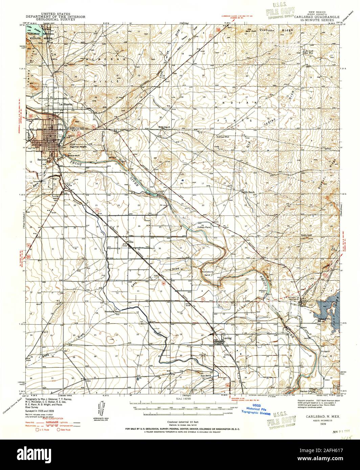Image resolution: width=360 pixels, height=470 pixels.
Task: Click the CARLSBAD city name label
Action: point(76,128)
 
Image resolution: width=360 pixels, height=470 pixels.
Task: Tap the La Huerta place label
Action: point(67,104)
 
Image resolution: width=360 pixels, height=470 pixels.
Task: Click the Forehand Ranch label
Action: point(112,311)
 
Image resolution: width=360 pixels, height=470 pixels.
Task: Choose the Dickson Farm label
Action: point(204,228)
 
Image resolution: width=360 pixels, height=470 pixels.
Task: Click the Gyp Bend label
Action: point(206,376)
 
